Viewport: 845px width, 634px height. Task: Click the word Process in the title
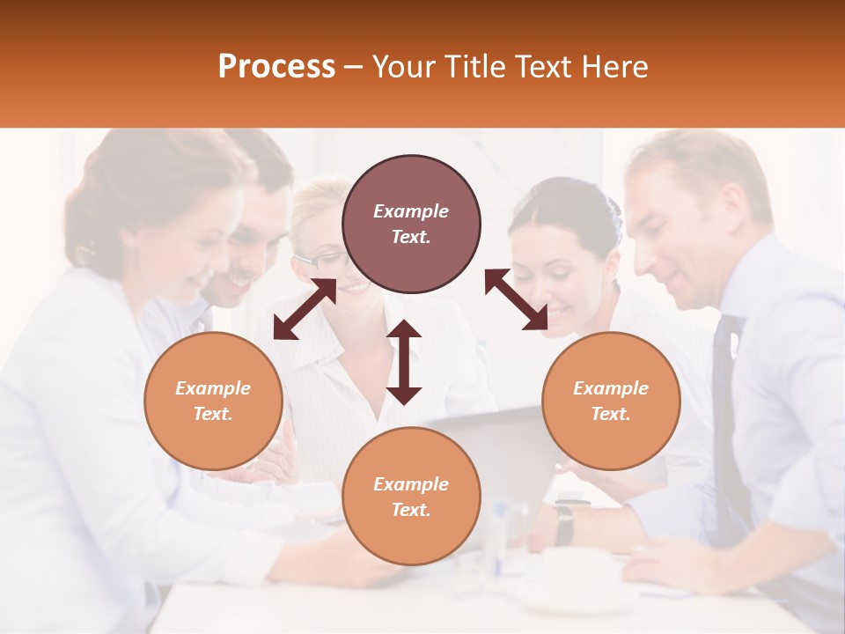click(x=276, y=67)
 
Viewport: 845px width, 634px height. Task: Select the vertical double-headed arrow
click(x=404, y=362)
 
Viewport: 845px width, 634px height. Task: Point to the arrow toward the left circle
click(x=305, y=309)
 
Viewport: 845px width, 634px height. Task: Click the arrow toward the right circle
click(x=516, y=299)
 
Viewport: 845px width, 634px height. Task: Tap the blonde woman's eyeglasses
click(x=322, y=259)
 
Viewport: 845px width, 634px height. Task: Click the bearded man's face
click(x=251, y=255)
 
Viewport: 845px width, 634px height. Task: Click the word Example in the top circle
click(x=411, y=211)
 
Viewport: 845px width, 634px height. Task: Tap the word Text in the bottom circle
click(x=411, y=510)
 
